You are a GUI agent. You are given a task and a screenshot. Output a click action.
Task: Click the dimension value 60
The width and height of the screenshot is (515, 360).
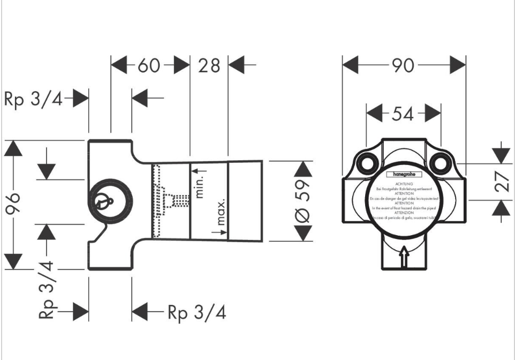point(149,66)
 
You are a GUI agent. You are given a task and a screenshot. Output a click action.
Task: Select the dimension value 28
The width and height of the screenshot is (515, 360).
point(209,66)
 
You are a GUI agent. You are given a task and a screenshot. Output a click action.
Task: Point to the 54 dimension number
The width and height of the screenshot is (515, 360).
point(403,113)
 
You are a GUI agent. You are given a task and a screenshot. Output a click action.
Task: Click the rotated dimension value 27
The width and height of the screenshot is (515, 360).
point(501,182)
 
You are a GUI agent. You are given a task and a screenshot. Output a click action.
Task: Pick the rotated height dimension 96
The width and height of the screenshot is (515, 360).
point(14,204)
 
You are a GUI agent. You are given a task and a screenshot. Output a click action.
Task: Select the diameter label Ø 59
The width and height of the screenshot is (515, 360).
point(303,200)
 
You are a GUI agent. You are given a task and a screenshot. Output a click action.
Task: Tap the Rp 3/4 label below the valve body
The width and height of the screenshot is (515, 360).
point(196,312)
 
